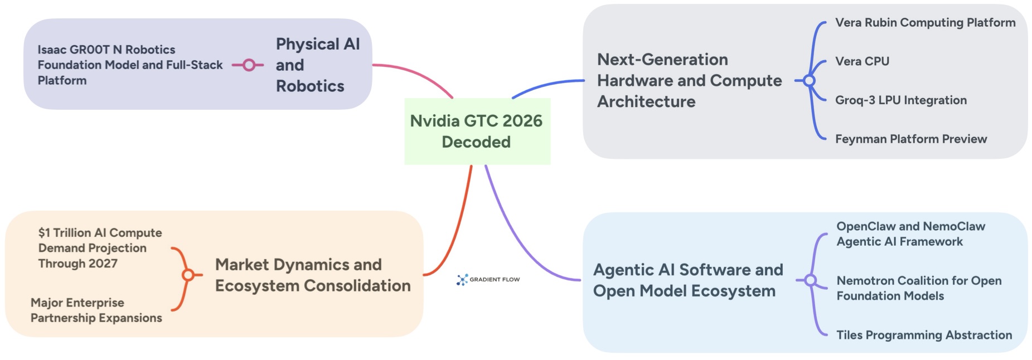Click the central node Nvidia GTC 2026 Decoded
point(477,132)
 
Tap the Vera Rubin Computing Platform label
point(925,23)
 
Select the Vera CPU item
point(862,61)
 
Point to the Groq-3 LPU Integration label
point(900,100)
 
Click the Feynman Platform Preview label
point(910,139)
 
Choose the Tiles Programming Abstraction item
point(924,335)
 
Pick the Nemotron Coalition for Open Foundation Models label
point(918,288)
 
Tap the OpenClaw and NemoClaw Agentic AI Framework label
point(910,234)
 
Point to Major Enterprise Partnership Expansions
point(96,310)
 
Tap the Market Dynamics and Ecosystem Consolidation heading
point(312,275)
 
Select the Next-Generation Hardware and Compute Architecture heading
point(689,81)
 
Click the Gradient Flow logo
point(488,279)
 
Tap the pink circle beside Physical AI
point(249,65)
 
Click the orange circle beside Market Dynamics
point(188,275)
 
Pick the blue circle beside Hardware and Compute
point(809,81)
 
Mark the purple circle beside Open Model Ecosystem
point(811,280)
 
